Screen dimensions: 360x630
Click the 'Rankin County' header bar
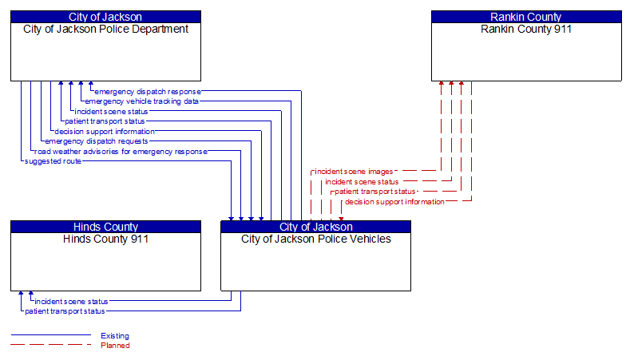[x=526, y=17]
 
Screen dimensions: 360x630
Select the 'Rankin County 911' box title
[x=526, y=30]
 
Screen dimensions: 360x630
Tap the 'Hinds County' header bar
[x=105, y=227]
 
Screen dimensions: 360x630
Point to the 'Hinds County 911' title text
[x=105, y=239]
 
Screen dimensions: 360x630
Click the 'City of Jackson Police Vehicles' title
[x=315, y=239]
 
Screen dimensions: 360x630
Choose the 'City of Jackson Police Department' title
[x=105, y=30]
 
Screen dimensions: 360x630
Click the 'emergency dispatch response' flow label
[x=148, y=92]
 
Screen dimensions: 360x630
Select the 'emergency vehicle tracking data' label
[x=141, y=101]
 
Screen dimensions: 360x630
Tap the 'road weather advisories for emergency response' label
[x=121, y=151]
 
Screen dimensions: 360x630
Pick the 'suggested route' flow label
[x=53, y=161]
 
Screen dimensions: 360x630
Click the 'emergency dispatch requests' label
[x=96, y=141]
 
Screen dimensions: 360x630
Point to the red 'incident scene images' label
[x=353, y=172]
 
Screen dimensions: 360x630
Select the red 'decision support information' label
[x=394, y=202]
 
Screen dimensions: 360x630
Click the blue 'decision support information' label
[x=105, y=132]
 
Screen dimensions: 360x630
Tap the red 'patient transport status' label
[x=374, y=192]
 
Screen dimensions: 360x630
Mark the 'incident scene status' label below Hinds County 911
[x=71, y=302]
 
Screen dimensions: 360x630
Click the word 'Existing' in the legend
[x=115, y=336]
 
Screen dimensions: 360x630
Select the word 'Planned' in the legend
[x=115, y=346]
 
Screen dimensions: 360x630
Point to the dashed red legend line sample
[x=50, y=346]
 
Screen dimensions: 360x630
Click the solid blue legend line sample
[x=50, y=336]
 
